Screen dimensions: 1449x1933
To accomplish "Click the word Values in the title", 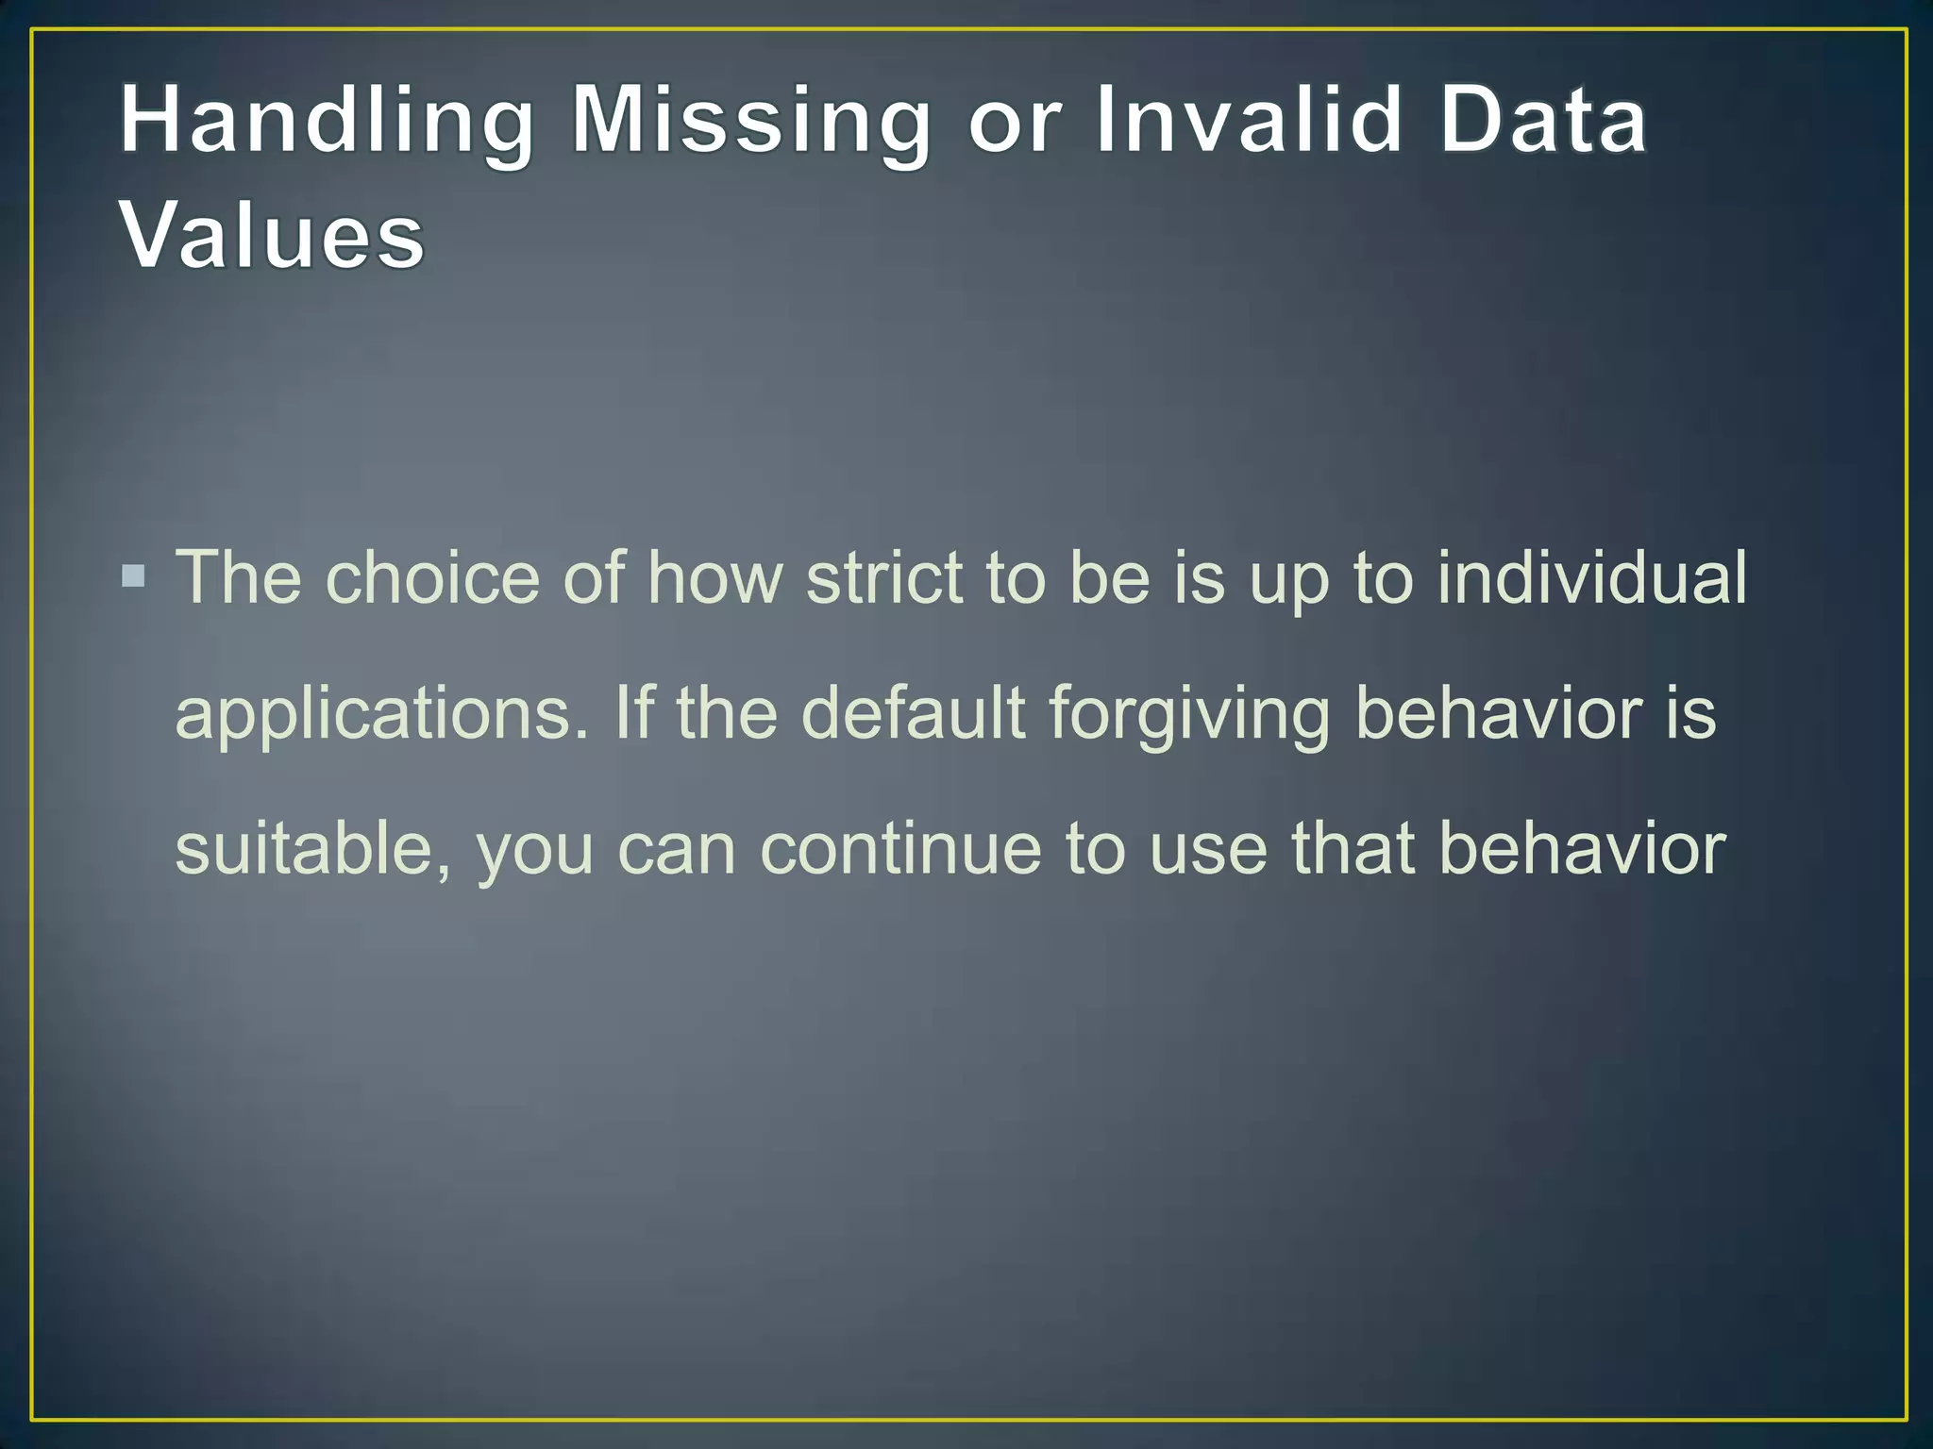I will (x=272, y=236).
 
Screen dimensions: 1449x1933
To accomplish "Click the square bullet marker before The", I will (x=134, y=575).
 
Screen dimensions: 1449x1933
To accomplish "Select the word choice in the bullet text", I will (x=432, y=577).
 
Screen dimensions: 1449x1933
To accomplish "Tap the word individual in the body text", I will (x=1591, y=577).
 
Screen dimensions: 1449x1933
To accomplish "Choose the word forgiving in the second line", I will (x=1189, y=715).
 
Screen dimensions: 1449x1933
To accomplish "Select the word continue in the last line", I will (x=901, y=849).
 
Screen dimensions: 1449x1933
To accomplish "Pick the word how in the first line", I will (x=715, y=577).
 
